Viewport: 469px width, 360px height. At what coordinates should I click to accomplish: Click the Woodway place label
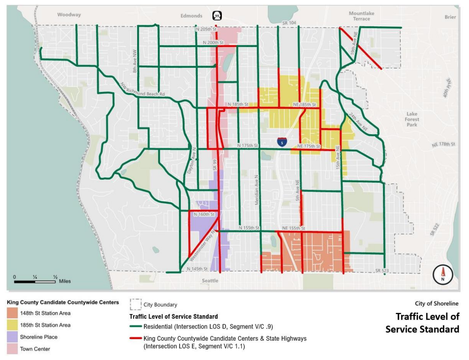[69, 15]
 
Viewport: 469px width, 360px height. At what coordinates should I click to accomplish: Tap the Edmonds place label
[192, 16]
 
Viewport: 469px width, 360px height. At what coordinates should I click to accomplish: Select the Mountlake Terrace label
[361, 16]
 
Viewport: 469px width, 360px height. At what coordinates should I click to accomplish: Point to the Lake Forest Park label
[412, 119]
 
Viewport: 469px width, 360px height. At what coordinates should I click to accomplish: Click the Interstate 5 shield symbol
[281, 142]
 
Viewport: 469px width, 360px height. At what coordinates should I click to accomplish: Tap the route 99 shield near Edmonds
[217, 16]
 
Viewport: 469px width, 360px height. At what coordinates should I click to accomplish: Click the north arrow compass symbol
[443, 274]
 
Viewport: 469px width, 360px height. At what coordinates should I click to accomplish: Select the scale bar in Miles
[35, 281]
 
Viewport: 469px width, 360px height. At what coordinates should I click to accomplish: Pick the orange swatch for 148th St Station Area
[13, 313]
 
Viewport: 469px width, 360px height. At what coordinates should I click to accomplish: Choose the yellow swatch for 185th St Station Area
[13, 325]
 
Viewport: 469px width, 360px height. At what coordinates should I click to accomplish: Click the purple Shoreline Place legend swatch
[13, 337]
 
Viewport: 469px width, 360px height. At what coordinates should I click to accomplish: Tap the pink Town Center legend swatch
[13, 349]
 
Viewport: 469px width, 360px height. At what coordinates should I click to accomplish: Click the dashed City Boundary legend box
[136, 304]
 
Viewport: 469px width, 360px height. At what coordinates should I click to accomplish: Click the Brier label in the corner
[450, 17]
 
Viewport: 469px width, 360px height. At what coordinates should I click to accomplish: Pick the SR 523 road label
[382, 271]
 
